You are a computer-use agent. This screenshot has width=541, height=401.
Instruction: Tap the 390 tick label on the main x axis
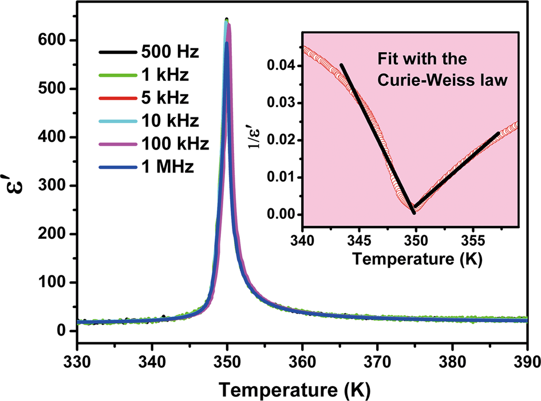527,362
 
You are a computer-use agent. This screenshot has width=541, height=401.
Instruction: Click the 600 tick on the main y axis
58,40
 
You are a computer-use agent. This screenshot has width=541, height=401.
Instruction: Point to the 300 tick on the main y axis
58,186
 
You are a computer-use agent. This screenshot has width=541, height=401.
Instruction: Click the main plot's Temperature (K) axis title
302,388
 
